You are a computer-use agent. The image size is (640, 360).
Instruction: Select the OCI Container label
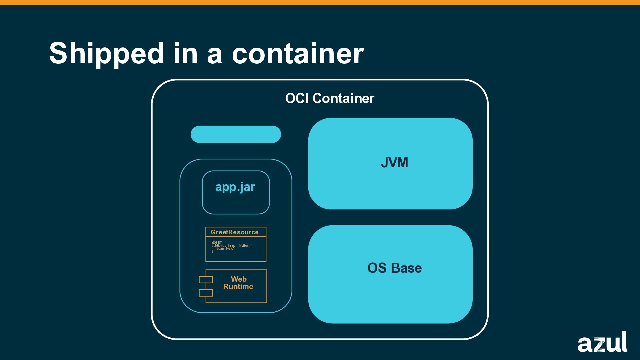tap(329, 98)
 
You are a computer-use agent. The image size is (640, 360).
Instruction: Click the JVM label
tap(394, 163)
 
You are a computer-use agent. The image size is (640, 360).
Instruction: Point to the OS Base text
tap(394, 268)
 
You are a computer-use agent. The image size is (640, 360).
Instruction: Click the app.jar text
tap(235, 187)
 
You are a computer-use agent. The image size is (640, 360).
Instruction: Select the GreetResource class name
tap(234, 232)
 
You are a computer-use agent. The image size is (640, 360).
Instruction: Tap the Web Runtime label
tap(238, 283)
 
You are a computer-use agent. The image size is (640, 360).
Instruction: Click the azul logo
tap(602, 342)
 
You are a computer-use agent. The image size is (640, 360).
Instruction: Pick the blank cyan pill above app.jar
tap(236, 134)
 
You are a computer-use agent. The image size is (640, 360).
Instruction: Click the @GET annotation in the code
tap(217, 243)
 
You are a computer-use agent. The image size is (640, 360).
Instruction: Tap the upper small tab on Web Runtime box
tap(206, 280)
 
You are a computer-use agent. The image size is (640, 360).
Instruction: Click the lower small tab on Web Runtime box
tap(206, 293)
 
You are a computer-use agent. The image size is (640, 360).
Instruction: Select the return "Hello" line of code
tap(225, 249)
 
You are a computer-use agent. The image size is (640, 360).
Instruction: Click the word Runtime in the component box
tap(238, 287)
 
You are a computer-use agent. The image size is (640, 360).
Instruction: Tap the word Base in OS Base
tap(406, 268)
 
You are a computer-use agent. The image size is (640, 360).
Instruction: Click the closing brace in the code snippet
tap(212, 252)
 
